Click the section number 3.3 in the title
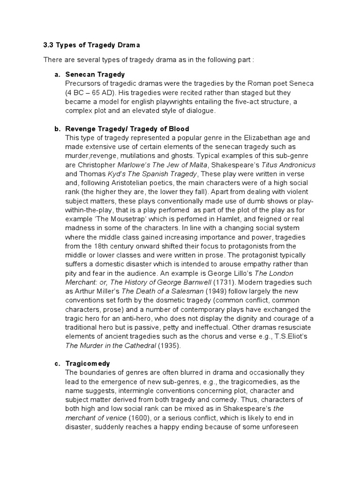point(49,45)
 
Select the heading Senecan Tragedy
point(95,75)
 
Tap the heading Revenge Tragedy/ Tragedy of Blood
point(127,129)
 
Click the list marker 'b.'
point(58,129)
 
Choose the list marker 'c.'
point(58,363)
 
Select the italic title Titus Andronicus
point(288,165)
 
